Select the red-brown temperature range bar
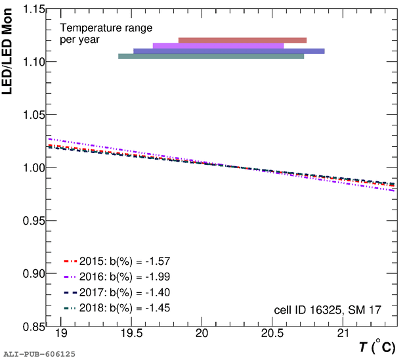coord(242,40)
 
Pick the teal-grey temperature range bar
coord(211,56)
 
